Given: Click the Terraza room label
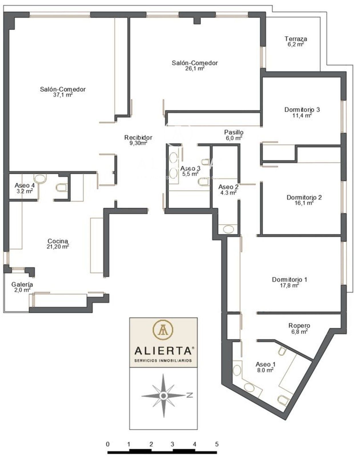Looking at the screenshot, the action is click(296, 39).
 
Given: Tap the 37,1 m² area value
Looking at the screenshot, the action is click(63, 95).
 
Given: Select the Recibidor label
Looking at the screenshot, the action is click(138, 137).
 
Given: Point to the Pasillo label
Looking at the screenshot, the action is click(234, 132).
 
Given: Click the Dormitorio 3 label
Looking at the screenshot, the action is click(302, 110).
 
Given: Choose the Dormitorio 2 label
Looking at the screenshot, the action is click(304, 197).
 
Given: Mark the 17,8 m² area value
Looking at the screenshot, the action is click(289, 285).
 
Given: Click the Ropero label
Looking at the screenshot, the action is click(299, 326).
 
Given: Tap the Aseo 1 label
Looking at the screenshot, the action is click(265, 364).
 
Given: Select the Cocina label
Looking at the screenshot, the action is click(58, 241).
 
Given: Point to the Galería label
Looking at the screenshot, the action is click(22, 284).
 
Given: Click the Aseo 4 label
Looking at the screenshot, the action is click(25, 185).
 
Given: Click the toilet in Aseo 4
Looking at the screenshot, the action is click(61, 188).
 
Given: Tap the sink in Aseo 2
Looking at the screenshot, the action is click(229, 229).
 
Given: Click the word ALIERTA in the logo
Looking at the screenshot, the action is click(163, 351).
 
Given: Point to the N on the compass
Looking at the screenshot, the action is click(190, 395).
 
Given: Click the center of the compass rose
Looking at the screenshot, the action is click(163, 396).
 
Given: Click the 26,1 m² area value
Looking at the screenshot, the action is click(195, 68).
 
